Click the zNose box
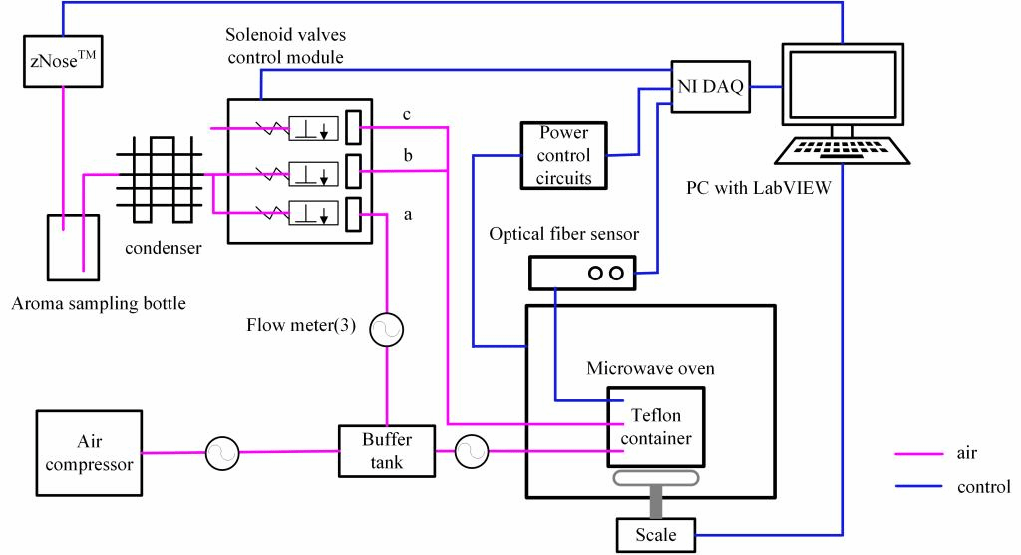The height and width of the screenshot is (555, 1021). coord(62,61)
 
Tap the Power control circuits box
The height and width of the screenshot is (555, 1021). coord(563,155)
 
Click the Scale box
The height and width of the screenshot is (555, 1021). coord(655,535)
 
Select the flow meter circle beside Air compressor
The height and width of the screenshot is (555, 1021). coord(222,454)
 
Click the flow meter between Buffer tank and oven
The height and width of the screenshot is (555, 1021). coord(471,453)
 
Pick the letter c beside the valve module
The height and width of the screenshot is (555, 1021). coord(407,114)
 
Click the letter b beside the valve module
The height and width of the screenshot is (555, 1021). coord(407,158)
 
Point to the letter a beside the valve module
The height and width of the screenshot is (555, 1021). coord(407,213)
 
